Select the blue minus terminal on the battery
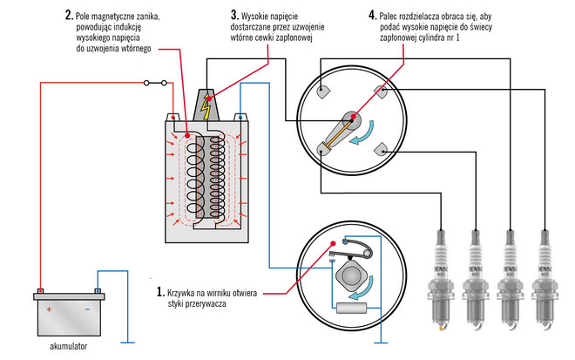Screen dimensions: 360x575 97,292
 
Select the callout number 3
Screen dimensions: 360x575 234,15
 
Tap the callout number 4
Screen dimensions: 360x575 373,15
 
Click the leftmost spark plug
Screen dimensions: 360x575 444,279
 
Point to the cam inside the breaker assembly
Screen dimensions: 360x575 347,275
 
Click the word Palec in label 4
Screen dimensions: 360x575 396,15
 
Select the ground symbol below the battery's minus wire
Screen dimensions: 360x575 129,341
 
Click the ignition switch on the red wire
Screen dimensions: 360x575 156,84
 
